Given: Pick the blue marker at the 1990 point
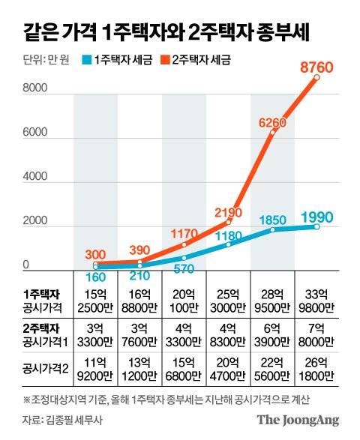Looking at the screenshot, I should (317, 226).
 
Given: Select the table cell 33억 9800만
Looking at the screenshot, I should (318, 301).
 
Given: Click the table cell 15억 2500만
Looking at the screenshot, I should (96, 301).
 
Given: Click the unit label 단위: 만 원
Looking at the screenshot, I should (41, 59).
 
